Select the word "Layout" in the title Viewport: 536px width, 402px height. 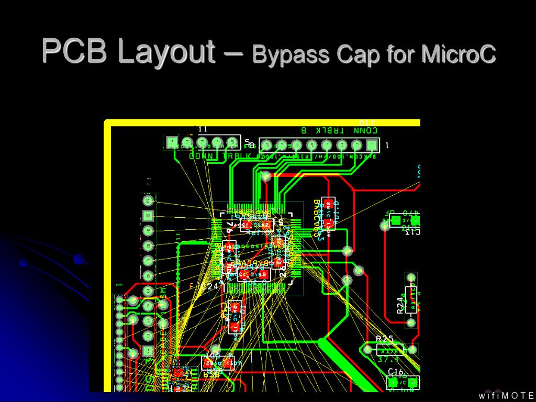pos(166,52)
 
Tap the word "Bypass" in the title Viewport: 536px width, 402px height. pos(289,55)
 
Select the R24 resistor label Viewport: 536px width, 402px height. pos(399,304)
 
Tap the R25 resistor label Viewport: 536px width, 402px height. pos(385,339)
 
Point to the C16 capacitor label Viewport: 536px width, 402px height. pos(395,372)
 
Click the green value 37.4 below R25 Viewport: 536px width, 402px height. pos(388,360)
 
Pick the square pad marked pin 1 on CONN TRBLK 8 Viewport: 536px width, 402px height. pos(372,144)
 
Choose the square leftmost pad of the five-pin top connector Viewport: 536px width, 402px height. pos(172,142)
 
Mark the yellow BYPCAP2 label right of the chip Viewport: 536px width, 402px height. pos(316,217)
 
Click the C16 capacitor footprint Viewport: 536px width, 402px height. pos(403,383)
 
